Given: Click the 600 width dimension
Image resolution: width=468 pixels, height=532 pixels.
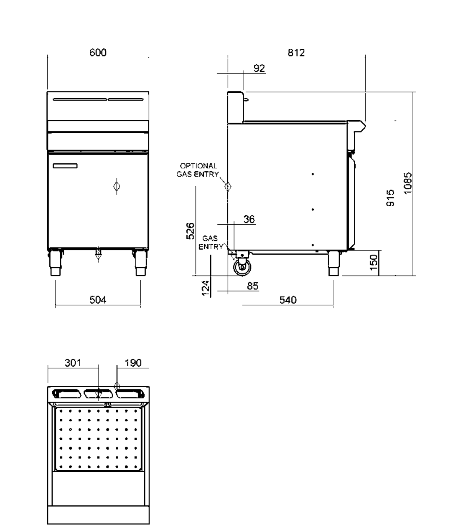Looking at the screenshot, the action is pos(98,53).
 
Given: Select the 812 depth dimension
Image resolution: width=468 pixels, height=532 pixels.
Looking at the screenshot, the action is pos(296,53).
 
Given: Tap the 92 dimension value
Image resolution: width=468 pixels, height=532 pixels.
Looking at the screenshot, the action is pos(259,68).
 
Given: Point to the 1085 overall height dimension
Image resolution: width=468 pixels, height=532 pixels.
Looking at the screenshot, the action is pos(407,183).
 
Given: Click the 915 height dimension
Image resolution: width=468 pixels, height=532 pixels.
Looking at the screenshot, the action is pos(390,198).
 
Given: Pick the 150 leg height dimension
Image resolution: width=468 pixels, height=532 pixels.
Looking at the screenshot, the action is pos(374,262).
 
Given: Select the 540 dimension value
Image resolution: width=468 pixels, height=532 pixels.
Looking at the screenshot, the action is pos(288,300).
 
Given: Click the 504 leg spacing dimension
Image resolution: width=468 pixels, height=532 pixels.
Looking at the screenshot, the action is pos(98,299).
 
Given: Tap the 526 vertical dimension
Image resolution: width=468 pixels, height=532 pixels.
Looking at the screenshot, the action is pos(190,231).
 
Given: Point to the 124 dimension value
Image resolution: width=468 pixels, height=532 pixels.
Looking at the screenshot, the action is pos(206,288).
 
